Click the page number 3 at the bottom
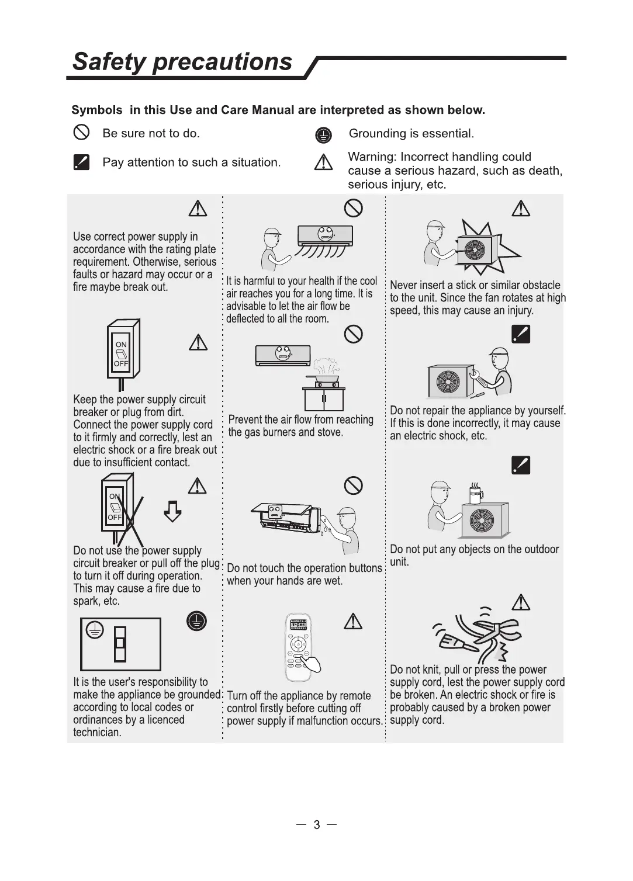(316, 825)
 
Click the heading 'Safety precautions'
(182, 62)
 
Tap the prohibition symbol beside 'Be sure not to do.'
(81, 133)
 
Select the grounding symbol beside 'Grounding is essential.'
(323, 136)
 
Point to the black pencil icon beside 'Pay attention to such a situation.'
(81, 162)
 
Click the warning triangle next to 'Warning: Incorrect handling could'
(323, 162)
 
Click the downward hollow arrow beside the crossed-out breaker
(172, 511)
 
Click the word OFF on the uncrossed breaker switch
(121, 363)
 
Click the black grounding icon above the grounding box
(196, 621)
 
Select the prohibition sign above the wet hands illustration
(353, 485)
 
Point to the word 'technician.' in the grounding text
(97, 733)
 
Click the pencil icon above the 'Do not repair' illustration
(520, 334)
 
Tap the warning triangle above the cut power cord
(520, 602)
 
